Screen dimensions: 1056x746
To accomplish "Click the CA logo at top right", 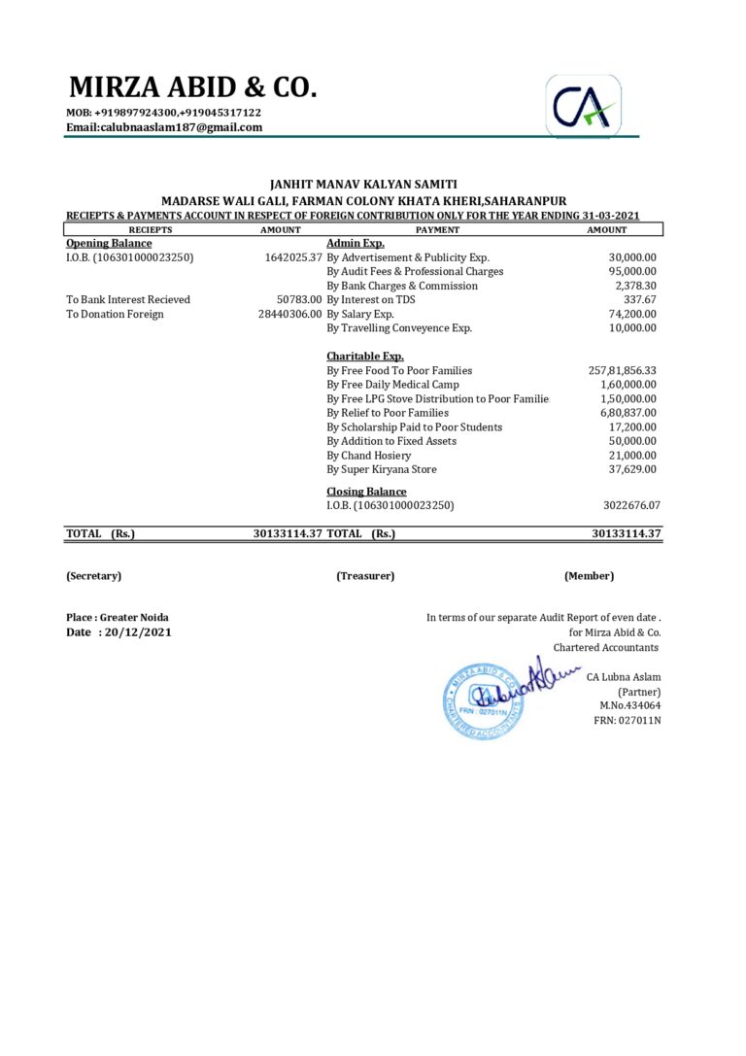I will [x=583, y=106].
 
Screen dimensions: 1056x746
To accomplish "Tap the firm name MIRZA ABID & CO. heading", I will [x=192, y=87].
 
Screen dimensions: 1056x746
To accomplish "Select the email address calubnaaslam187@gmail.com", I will [x=164, y=127].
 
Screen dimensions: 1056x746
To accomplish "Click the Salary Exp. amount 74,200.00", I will [x=632, y=314].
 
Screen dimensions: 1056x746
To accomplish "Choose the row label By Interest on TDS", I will [x=371, y=300].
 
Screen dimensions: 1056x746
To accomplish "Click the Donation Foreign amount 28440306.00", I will [x=289, y=314].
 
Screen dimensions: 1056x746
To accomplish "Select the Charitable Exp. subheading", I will [x=365, y=357].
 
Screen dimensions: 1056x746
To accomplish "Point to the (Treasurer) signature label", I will [x=365, y=576].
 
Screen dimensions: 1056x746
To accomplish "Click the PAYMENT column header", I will [x=437, y=230].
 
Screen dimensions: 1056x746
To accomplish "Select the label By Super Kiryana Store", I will [x=382, y=469].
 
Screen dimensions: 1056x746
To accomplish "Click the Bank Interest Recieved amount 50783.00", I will [x=298, y=300].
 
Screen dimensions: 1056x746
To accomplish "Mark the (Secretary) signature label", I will [x=94, y=576].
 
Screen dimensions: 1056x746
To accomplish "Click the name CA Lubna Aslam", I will [x=624, y=676].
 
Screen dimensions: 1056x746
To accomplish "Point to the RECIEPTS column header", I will [x=151, y=230].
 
